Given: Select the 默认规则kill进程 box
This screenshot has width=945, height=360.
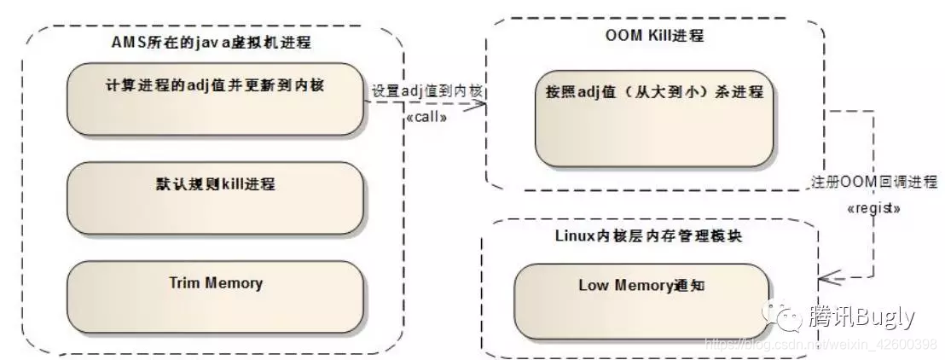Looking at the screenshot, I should (x=215, y=198).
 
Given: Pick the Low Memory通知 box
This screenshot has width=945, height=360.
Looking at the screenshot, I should (x=641, y=299).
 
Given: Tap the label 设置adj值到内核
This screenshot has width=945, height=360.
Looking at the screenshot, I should (x=428, y=90).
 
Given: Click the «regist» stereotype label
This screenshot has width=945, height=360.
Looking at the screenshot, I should (x=873, y=207).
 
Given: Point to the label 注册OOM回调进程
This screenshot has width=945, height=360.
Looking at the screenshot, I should (x=873, y=182).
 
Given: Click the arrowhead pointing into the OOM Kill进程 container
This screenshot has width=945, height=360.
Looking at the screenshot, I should (x=478, y=104).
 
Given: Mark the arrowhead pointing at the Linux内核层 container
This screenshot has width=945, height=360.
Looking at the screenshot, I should (x=826, y=277).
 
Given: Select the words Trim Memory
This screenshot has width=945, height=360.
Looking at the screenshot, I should (x=215, y=283).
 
